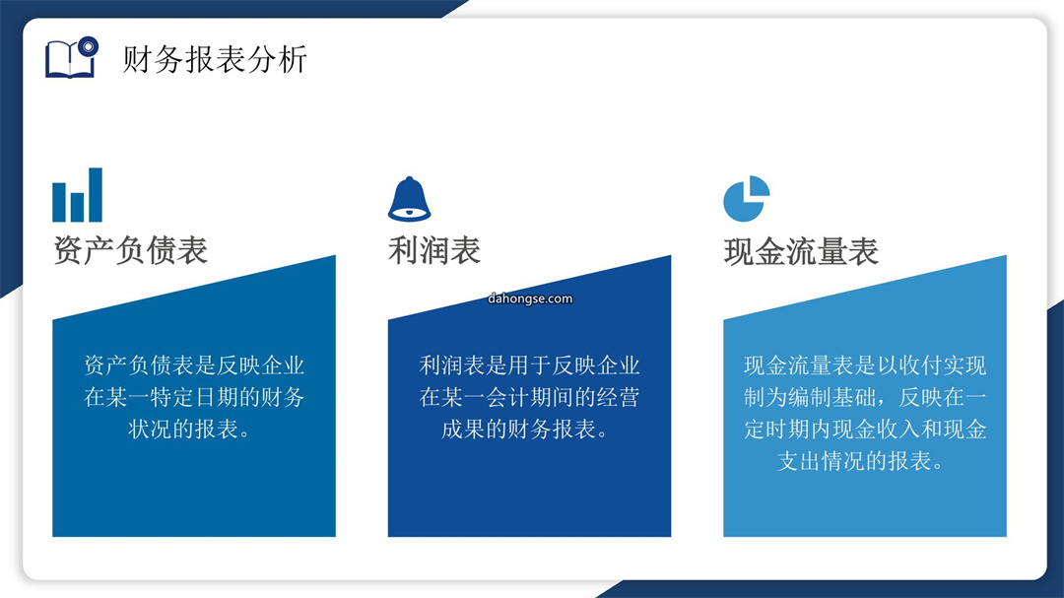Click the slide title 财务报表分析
pyautogui.click(x=215, y=59)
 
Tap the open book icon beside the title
pyautogui.click(x=71, y=57)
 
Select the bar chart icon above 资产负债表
pyautogui.click(x=78, y=195)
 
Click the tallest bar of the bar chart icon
pyautogui.click(x=96, y=195)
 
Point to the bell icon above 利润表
pyautogui.click(x=409, y=199)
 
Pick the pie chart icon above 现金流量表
pyautogui.click(x=747, y=199)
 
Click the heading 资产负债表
pyautogui.click(x=130, y=250)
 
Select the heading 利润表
pyautogui.click(x=434, y=250)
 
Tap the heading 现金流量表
pyautogui.click(x=801, y=251)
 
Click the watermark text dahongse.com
pyautogui.click(x=530, y=299)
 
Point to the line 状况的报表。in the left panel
pyautogui.click(x=191, y=429)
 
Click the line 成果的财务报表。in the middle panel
pyautogui.click(x=526, y=429)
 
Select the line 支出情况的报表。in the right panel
pyautogui.click(x=862, y=462)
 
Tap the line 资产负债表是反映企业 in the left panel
pyautogui.click(x=194, y=365)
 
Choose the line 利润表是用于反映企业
pyautogui.click(x=529, y=365)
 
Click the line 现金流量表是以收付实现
pyautogui.click(x=865, y=365)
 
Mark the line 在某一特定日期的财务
pyautogui.click(x=194, y=397)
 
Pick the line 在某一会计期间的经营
pyautogui.click(x=529, y=397)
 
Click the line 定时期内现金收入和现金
pyautogui.click(x=865, y=429)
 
